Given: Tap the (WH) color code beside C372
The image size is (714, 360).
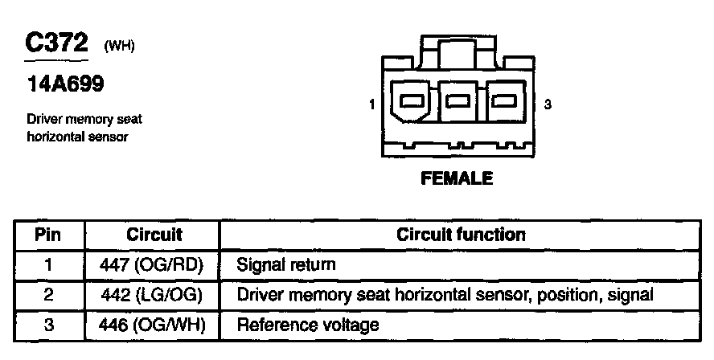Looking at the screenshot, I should click(x=119, y=47).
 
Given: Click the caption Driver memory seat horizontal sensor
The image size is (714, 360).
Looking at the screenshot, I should click(x=84, y=128).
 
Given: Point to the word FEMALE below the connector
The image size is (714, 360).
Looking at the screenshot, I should click(x=457, y=178).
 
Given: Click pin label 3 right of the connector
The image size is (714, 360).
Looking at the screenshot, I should click(x=548, y=104).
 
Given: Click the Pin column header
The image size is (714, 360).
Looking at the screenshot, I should click(x=48, y=235).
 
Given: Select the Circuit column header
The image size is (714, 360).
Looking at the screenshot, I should click(x=154, y=235).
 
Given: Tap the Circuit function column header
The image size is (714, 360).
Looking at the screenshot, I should click(x=461, y=235).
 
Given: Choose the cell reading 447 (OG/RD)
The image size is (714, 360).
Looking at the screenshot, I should click(x=154, y=264).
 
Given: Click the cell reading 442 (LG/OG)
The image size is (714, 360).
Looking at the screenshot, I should click(x=154, y=295).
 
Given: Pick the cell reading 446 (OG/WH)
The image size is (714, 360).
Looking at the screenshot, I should click(x=154, y=325).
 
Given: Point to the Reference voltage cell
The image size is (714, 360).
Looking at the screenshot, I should click(x=307, y=325).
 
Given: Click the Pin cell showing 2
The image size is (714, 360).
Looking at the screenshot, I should click(x=48, y=295).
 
